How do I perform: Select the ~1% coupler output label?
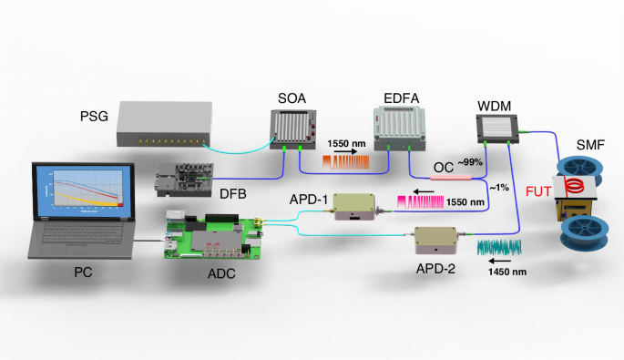(x=500, y=188)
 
